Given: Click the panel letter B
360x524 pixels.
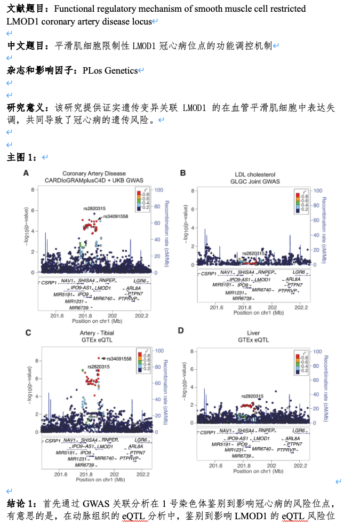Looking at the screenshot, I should point(182,173).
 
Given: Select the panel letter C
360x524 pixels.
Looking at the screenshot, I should point(28,332).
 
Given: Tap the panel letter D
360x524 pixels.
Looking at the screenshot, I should point(181,331).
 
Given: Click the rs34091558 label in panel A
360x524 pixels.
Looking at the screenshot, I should point(116,216).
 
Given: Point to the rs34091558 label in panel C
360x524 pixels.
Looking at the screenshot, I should point(119,359).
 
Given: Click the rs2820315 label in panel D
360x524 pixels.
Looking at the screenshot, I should point(252,396).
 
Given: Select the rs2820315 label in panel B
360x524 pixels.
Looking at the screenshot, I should point(253,253).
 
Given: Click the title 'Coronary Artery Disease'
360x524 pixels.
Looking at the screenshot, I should point(94,173).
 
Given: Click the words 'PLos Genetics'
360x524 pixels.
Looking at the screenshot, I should point(110,70).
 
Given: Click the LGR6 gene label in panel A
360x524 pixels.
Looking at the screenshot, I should point(140,280).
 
